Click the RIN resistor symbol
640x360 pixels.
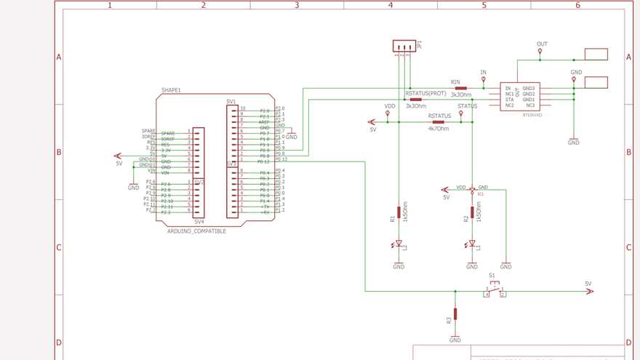pyautogui.click(x=460, y=88)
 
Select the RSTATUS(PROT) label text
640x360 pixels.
pyautogui.click(x=426, y=93)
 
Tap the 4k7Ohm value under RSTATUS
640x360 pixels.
pyautogui.click(x=439, y=129)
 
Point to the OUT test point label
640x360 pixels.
pyautogui.click(x=542, y=44)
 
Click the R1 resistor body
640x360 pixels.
pyautogui.click(x=399, y=212)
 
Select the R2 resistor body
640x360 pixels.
pyautogui.click(x=472, y=212)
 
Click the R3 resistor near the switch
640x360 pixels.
pyautogui.click(x=455, y=314)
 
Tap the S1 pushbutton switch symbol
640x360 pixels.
pyautogui.click(x=495, y=291)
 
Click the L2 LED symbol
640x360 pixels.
pyautogui.click(x=399, y=246)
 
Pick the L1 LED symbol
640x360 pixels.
pyautogui.click(x=472, y=244)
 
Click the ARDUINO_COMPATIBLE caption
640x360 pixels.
pyautogui.click(x=196, y=231)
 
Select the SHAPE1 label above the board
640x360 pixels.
pyautogui.click(x=171, y=91)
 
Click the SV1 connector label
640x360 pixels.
pyautogui.click(x=231, y=101)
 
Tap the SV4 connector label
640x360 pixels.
pyautogui.click(x=199, y=222)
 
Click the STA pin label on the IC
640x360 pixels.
pyautogui.click(x=509, y=100)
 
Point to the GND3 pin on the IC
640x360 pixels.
pyautogui.click(x=529, y=88)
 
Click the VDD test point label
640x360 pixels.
pyautogui.click(x=390, y=106)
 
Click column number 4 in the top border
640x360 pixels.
pyautogui.click(x=391, y=5)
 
